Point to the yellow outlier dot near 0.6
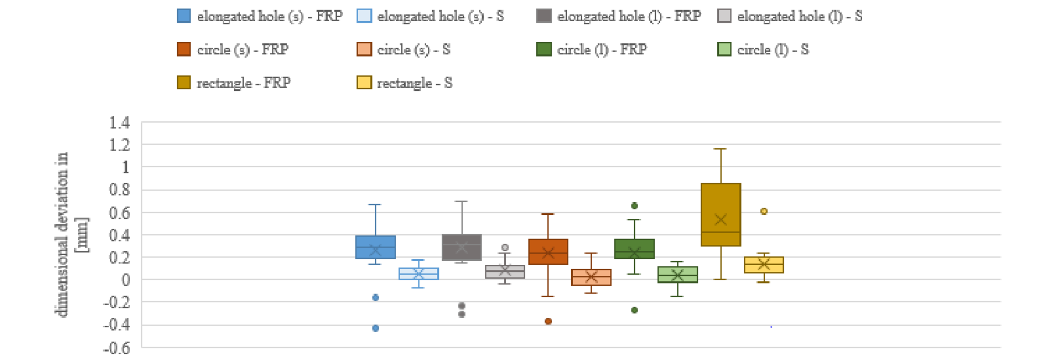tap(764, 211)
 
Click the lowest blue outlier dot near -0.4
tap(375, 328)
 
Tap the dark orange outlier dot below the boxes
tap(548, 321)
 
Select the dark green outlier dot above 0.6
tap(634, 206)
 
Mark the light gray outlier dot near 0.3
tap(505, 248)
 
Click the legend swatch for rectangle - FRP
tap(184, 83)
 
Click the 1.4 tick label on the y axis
tap(119, 122)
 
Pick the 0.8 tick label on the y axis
tap(119, 190)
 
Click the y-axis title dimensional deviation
tap(61, 234)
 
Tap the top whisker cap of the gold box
tap(721, 149)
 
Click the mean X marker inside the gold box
tap(721, 220)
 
